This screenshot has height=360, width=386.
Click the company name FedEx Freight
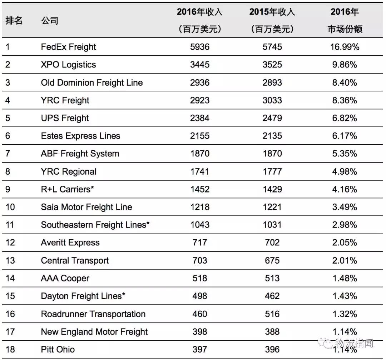point(68,47)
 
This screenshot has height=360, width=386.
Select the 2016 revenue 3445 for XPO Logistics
point(200,65)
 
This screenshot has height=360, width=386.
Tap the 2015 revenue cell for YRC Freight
point(272,100)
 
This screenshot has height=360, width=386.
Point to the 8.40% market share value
point(345,82)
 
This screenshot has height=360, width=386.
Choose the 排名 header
point(14,21)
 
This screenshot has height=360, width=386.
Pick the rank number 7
point(8,154)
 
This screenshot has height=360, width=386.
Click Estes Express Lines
point(80,136)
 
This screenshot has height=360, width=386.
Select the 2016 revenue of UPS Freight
point(200,118)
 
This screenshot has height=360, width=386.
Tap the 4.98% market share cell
point(345,171)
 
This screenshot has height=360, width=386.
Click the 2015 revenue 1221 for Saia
point(272,207)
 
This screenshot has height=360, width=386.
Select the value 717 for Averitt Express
point(200,243)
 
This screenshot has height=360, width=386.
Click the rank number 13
point(10,261)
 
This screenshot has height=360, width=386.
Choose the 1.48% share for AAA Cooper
point(345,278)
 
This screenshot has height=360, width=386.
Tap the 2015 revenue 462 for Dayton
point(272,296)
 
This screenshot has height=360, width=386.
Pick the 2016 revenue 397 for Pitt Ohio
point(200,349)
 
